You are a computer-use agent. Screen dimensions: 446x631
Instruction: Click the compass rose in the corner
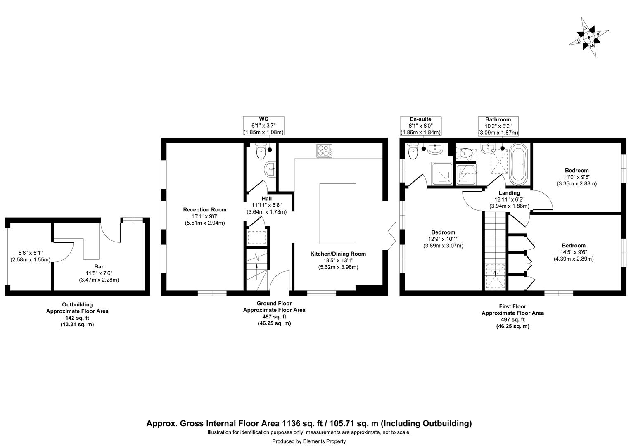(x=588, y=38)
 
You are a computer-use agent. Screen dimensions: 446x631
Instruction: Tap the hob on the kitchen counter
(x=325, y=151)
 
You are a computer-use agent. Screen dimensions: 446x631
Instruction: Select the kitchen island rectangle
(x=337, y=214)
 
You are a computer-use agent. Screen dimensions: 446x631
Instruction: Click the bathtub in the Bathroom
(x=517, y=164)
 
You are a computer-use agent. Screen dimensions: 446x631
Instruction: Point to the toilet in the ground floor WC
(x=261, y=152)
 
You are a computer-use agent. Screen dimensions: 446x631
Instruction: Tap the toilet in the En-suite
(x=413, y=152)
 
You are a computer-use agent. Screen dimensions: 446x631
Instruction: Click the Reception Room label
(x=205, y=210)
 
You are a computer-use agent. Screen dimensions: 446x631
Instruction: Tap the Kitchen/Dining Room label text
(x=338, y=254)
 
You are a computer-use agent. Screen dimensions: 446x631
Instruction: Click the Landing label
(x=509, y=193)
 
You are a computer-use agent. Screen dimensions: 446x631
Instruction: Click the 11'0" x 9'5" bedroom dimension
(x=576, y=177)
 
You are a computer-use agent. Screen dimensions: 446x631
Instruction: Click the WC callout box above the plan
(x=263, y=126)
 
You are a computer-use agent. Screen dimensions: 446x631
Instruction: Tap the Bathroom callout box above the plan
(x=498, y=126)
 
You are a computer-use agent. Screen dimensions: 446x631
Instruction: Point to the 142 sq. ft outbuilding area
(x=77, y=318)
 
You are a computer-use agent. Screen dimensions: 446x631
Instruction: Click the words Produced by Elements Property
(x=309, y=441)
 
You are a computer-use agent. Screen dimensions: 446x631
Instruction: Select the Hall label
(x=266, y=199)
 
